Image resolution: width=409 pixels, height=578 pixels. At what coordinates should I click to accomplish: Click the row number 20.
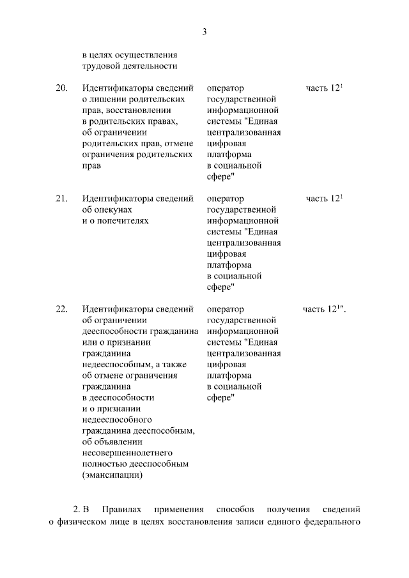click(x=61, y=88)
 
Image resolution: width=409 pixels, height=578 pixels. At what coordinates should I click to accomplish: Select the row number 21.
click(x=61, y=199)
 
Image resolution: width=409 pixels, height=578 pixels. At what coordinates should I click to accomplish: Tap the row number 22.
click(x=61, y=309)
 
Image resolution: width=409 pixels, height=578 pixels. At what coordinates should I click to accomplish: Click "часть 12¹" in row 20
click(x=325, y=88)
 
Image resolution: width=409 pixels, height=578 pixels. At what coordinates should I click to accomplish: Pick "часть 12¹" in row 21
click(x=325, y=199)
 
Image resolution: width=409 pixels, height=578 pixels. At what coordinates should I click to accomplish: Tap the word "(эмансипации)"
click(x=112, y=475)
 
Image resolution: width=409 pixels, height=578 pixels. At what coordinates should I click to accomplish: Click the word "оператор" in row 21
click(x=226, y=199)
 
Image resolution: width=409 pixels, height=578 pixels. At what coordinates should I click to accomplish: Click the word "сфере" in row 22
click(x=220, y=397)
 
